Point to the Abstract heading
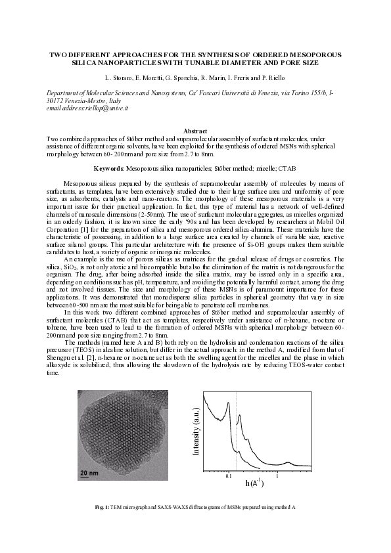(195, 132)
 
